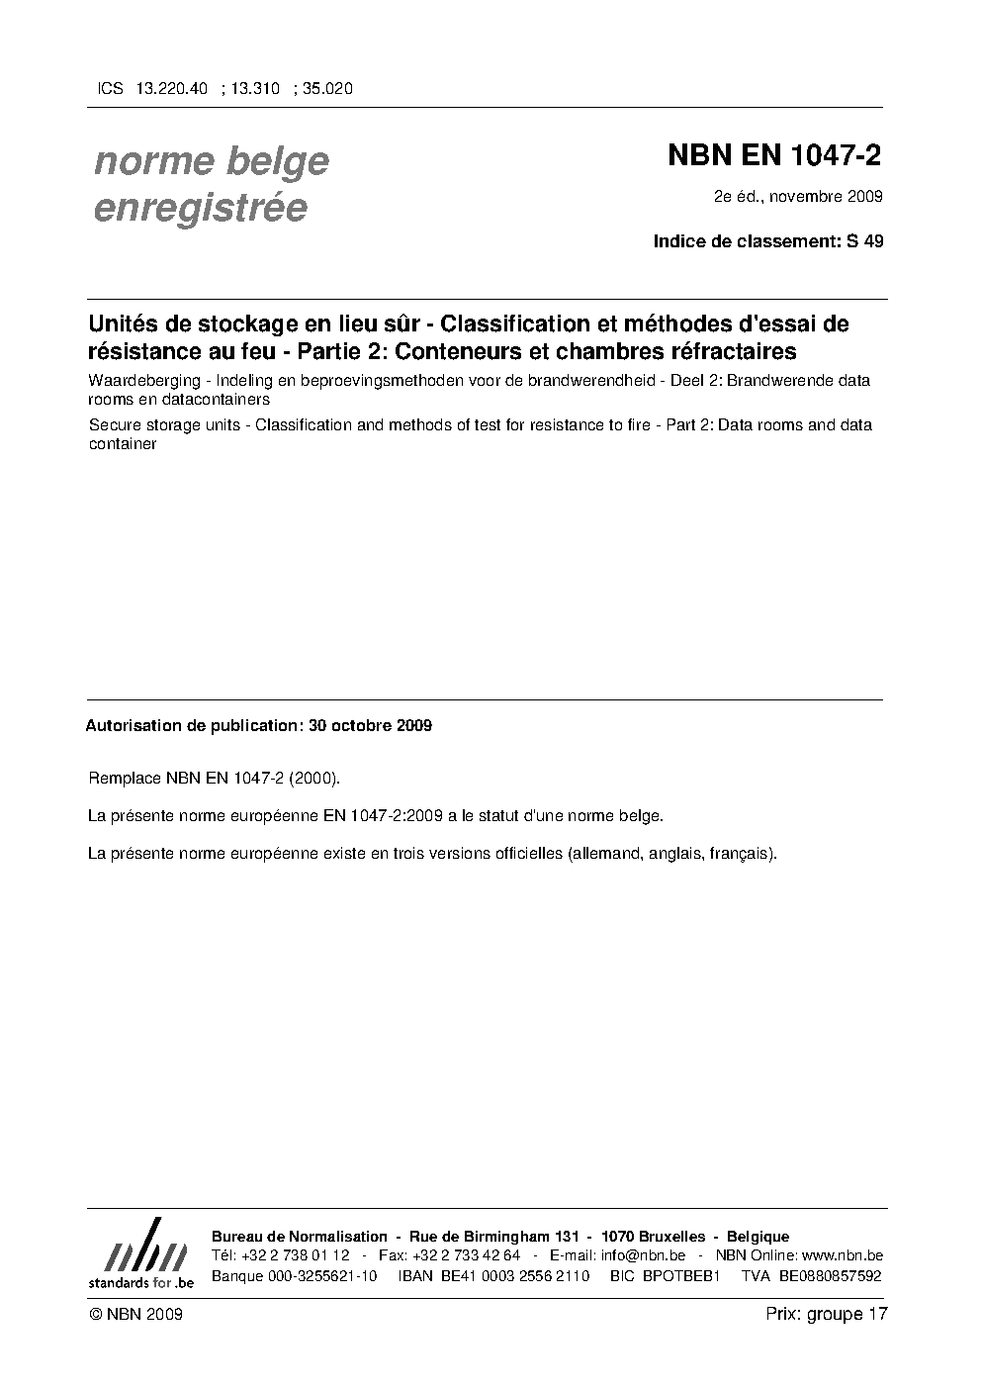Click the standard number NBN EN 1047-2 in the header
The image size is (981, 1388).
[x=774, y=156]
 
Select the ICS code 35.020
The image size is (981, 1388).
[x=327, y=88]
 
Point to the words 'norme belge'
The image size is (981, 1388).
[x=212, y=161]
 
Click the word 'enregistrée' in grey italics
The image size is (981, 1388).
[x=200, y=209]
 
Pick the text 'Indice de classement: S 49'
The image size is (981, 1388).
[x=768, y=240]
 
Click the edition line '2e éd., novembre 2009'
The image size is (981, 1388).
[x=798, y=196]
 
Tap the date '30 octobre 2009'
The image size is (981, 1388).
[x=370, y=725]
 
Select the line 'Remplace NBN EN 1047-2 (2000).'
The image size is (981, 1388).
[x=215, y=779]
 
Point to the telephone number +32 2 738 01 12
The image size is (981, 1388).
[x=295, y=1255]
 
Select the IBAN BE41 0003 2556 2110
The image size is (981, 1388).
[x=514, y=1275]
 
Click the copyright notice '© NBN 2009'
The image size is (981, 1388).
[x=134, y=1314]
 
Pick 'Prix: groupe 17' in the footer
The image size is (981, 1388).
[x=827, y=1314]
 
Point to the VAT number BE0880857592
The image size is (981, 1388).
[x=830, y=1275]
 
